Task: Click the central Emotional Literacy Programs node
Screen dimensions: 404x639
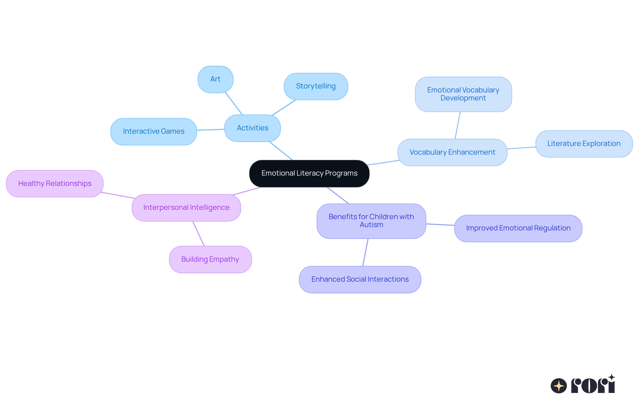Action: click(309, 173)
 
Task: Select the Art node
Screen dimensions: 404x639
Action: click(215, 79)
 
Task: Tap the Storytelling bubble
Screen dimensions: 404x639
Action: click(316, 86)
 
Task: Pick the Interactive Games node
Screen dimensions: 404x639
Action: click(153, 131)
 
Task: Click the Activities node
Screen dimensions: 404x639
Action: click(252, 128)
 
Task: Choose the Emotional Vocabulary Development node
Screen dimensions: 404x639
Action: click(463, 94)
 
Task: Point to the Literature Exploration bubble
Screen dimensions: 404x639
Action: click(584, 144)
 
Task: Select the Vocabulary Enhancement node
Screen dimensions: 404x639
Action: click(452, 152)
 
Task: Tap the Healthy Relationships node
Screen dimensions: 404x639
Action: click(55, 184)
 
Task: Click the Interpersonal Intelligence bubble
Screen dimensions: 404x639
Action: click(186, 207)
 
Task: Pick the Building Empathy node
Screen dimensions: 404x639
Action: click(210, 259)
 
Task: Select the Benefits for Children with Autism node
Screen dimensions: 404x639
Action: click(371, 221)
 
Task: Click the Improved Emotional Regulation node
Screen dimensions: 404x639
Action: click(518, 228)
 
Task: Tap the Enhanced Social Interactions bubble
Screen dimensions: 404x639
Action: click(360, 279)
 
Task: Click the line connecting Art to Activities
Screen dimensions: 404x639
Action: click(234, 103)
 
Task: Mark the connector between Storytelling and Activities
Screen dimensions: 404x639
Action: click(284, 107)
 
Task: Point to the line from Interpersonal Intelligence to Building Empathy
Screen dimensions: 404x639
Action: click(198, 233)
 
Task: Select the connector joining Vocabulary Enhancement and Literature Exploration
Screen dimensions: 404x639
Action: click(521, 148)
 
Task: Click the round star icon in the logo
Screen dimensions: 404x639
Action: click(558, 386)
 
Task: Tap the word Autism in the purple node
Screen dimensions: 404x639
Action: click(371, 225)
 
